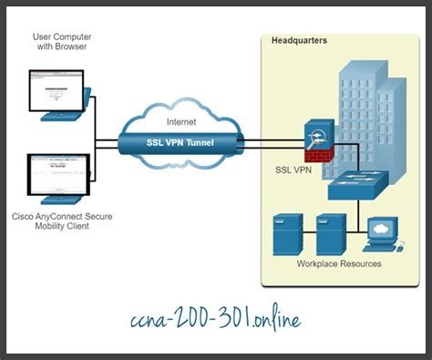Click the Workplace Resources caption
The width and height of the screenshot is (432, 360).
click(339, 264)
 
